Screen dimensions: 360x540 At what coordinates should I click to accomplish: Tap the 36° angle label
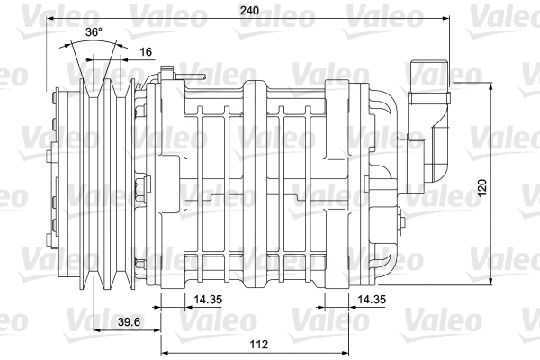pos(94,31)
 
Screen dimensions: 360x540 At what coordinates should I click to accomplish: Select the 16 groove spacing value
pos(145,52)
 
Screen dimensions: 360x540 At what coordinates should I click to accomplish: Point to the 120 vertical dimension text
pos(482,188)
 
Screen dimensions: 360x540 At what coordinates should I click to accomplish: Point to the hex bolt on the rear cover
pos(400,221)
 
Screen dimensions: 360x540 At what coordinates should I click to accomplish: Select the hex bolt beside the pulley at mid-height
pos(140,190)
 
